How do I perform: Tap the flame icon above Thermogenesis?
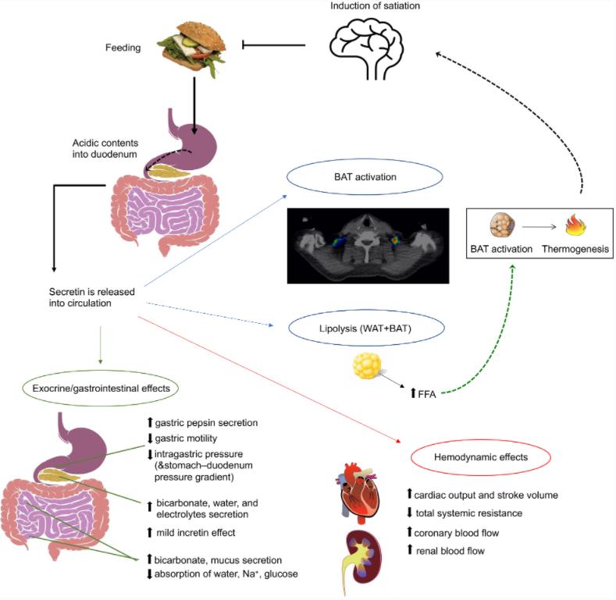(x=575, y=226)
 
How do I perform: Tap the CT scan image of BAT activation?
(x=367, y=245)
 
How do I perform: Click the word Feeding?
(x=123, y=48)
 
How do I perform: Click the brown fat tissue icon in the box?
(x=501, y=226)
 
